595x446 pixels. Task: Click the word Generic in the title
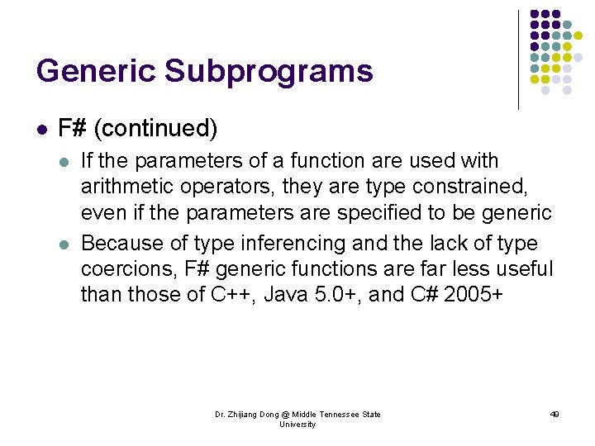(95, 71)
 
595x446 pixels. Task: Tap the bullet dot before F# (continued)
(41, 129)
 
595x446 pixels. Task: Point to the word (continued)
(155, 128)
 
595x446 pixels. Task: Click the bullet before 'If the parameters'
(65, 160)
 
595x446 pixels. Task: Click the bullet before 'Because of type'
(65, 244)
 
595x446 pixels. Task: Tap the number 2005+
(473, 296)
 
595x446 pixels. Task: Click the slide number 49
(555, 414)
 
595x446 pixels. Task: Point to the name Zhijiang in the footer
(243, 414)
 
